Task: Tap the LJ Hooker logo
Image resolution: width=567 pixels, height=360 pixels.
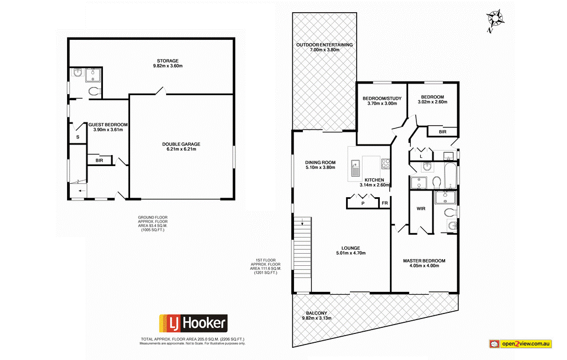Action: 193,322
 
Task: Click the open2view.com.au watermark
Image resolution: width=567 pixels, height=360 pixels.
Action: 520,344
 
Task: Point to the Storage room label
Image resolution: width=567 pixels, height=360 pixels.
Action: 167,63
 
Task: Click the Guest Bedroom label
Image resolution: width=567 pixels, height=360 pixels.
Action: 107,127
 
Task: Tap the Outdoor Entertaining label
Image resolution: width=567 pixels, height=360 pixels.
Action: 324,47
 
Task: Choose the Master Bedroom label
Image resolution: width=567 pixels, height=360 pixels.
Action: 424,263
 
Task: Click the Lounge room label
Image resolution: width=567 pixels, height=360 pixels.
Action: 351,250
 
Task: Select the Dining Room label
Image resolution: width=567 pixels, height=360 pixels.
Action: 321,164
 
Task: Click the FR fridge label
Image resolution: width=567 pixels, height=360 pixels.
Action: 384,203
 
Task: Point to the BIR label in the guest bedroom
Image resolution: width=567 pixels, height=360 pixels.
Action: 99,161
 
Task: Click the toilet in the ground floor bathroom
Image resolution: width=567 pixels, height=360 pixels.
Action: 94,91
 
